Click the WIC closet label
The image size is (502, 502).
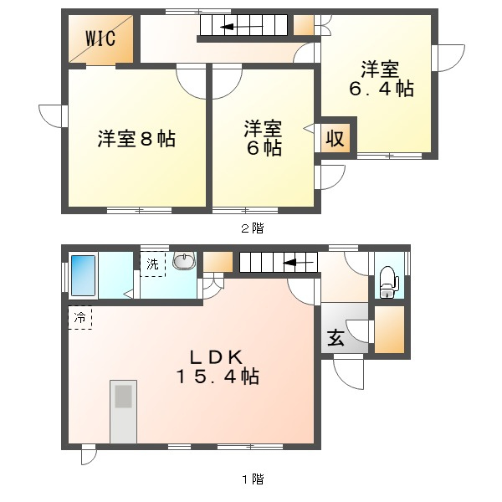coord(100,38)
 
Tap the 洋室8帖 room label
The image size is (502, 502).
coord(136,139)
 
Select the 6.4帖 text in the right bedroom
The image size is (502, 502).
coord(382,89)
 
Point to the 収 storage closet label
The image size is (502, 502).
coord(335,139)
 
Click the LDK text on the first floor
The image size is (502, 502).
coord(217,357)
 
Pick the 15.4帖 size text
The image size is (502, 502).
coord(218,376)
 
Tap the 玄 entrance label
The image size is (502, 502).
coord(336,337)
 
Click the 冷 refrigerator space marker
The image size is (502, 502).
coord(80,318)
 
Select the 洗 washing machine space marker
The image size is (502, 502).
coord(153,264)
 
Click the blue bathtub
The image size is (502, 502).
coord(83,275)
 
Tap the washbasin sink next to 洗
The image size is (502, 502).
coord(184,259)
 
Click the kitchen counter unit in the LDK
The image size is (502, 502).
coord(124,412)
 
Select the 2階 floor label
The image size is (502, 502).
coord(253,228)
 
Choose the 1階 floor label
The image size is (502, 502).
coord(253,479)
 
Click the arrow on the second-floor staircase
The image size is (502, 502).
coord(242,27)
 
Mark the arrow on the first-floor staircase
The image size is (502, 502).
coord(298,263)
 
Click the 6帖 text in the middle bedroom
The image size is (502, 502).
coord(264,149)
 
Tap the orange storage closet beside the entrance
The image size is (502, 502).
coord(389,330)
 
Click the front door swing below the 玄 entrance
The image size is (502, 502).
coord(348,372)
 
